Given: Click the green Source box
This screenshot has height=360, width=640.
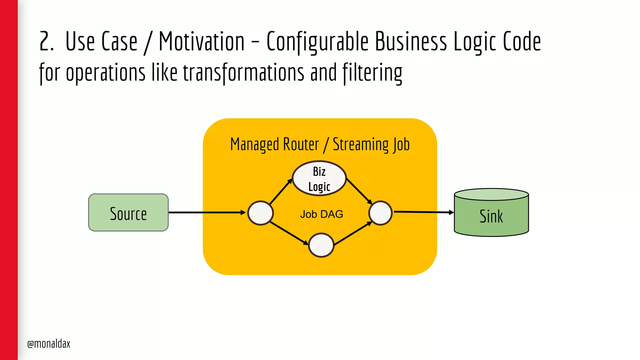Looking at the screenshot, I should click(128, 212).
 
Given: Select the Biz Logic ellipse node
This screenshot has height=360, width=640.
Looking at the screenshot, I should click(319, 178).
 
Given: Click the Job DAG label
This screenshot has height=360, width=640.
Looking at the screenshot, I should click(321, 214).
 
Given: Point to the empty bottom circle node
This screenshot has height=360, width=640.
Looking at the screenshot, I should click(321, 245).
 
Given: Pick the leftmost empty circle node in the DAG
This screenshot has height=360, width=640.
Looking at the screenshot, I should click(260, 213).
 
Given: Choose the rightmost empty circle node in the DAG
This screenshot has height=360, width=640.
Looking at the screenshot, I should click(380, 213).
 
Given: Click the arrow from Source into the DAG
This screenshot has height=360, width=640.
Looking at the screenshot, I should click(206, 212).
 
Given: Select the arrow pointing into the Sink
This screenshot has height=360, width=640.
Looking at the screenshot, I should click(423, 212).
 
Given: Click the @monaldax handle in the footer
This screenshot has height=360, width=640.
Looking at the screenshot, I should click(49, 344).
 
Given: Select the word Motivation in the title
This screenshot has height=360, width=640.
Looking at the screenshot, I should click(202, 42).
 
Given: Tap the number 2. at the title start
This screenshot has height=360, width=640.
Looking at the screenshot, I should click(46, 42).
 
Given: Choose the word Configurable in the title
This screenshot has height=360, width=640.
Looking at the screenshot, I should click(317, 42).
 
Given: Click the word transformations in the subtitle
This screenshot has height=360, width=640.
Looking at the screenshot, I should click(243, 72).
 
